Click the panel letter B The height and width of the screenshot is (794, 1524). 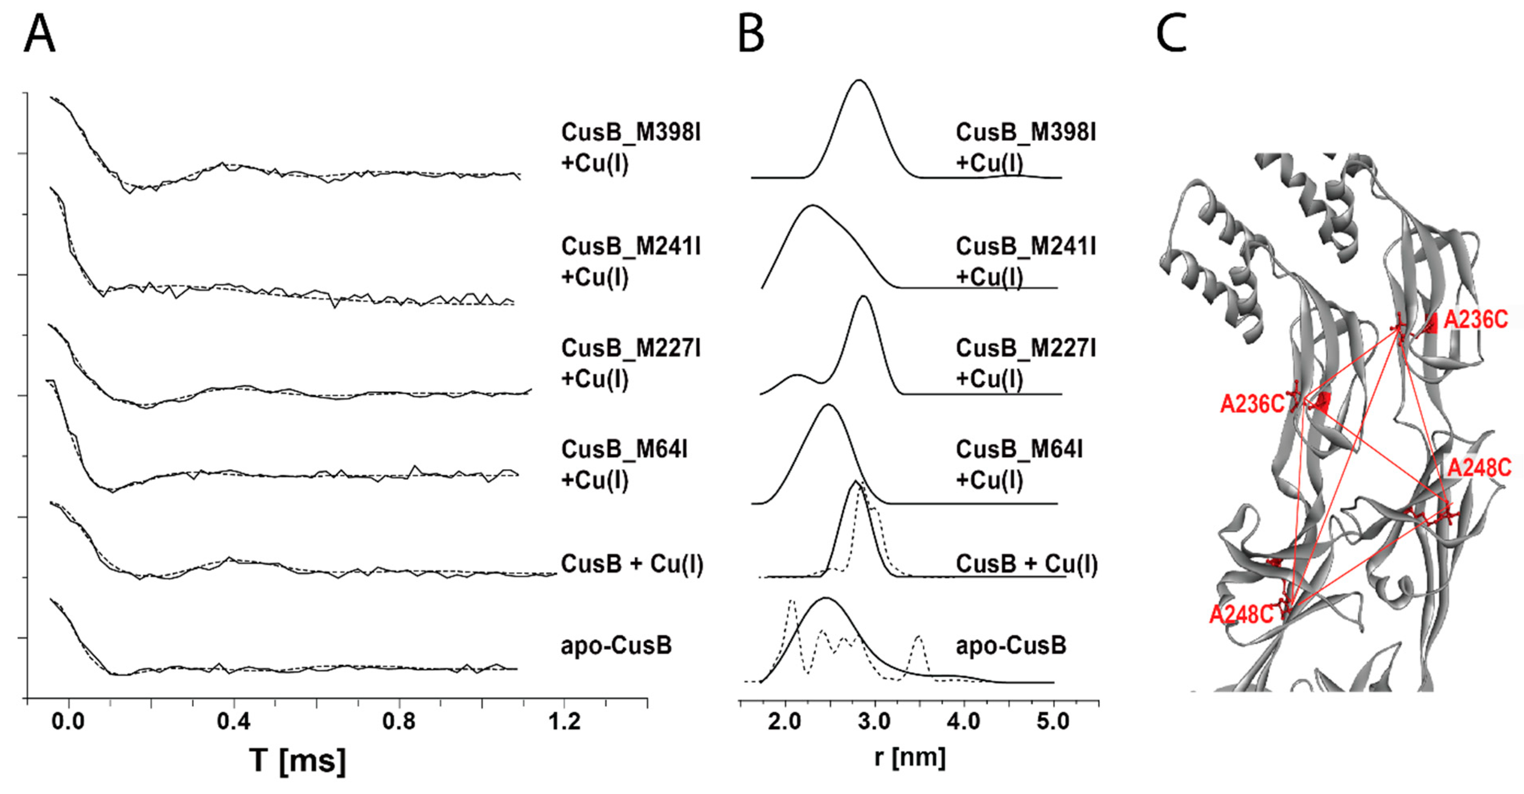coord(751,34)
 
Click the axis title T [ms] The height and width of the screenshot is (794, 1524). coord(297,760)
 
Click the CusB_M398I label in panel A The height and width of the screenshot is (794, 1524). coord(631,133)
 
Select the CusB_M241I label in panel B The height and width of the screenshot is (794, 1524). coord(1025,246)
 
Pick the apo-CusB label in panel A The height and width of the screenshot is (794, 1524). coord(616,645)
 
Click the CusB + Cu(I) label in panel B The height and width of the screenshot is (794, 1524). coord(1026,564)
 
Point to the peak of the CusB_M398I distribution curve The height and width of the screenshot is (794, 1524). coord(859,80)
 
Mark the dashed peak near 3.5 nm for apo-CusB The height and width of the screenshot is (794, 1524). coord(918,637)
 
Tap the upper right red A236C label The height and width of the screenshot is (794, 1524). coord(1475,320)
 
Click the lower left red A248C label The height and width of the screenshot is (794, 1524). coord(1241,615)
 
